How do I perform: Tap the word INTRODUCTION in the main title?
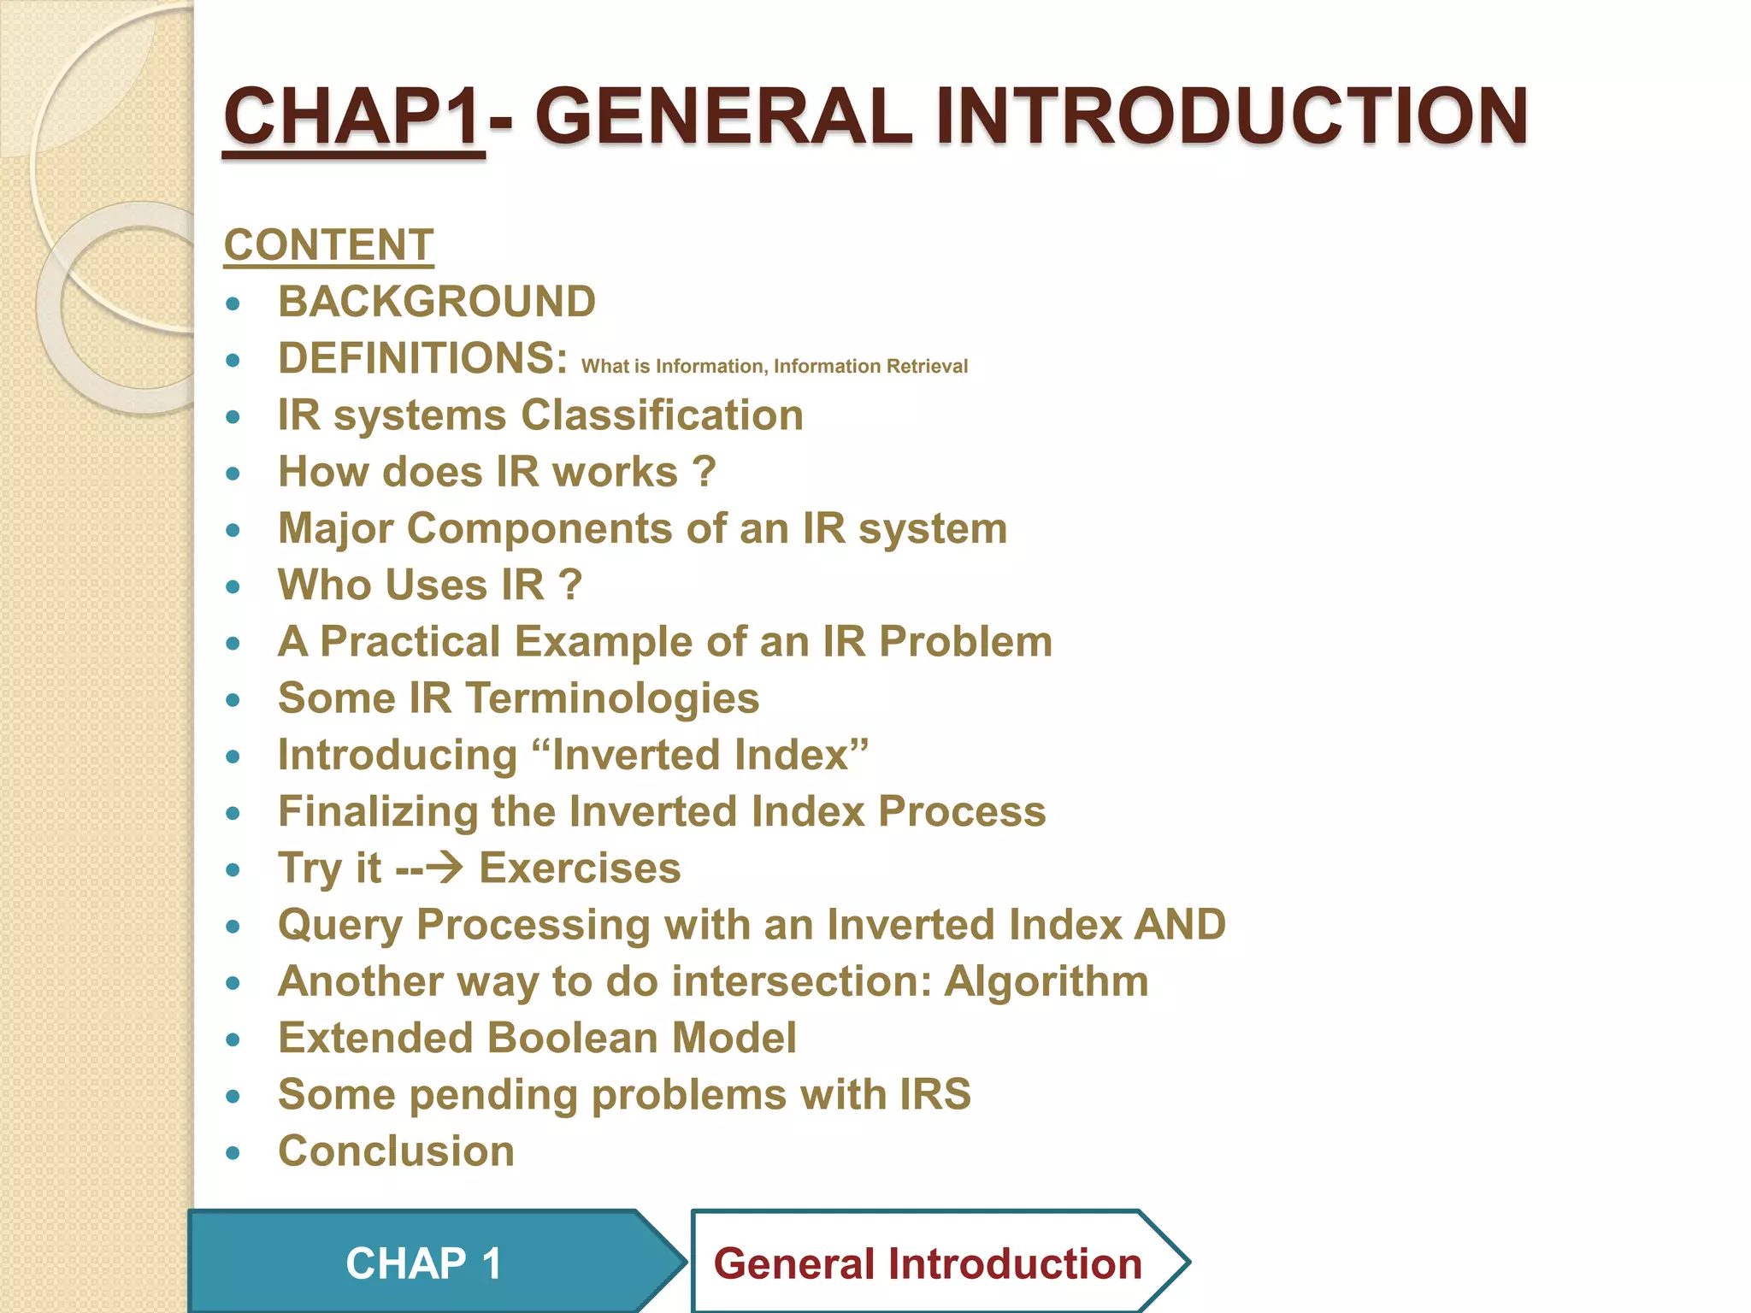pyautogui.click(x=1231, y=117)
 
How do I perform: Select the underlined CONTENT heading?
pyautogui.click(x=328, y=245)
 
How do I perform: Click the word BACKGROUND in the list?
pyautogui.click(x=436, y=302)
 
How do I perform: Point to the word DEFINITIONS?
pyautogui.click(x=422, y=358)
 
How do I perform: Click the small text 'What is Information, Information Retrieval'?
pyautogui.click(x=774, y=367)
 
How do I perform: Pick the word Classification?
pyautogui.click(x=662, y=415)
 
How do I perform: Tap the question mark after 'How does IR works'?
pyautogui.click(x=704, y=472)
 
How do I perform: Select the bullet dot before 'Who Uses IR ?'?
pyautogui.click(x=233, y=586)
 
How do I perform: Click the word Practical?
pyautogui.click(x=410, y=642)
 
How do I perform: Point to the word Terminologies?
pyautogui.click(x=612, y=698)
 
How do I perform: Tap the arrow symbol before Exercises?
pyautogui.click(x=445, y=868)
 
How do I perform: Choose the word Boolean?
pyautogui.click(x=578, y=1038)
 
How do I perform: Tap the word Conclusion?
pyautogui.click(x=396, y=1151)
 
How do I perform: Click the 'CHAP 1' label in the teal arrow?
pyautogui.click(x=423, y=1263)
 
